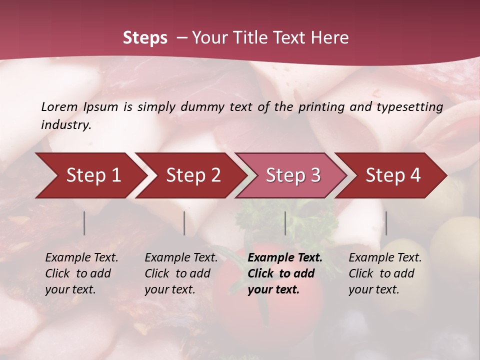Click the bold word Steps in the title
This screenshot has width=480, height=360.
point(145,38)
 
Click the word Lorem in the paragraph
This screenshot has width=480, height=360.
point(59,106)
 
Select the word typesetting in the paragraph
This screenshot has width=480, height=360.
point(409,106)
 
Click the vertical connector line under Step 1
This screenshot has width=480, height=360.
point(84,223)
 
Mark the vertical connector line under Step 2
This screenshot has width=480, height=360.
point(184,223)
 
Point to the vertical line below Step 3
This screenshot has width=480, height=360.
point(285,223)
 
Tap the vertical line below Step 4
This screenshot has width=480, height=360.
point(386,223)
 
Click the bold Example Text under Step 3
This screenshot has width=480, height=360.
point(285,258)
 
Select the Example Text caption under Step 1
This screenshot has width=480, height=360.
point(81,258)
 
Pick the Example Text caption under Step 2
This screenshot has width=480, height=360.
point(181,258)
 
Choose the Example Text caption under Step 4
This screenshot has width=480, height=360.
point(385,258)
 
